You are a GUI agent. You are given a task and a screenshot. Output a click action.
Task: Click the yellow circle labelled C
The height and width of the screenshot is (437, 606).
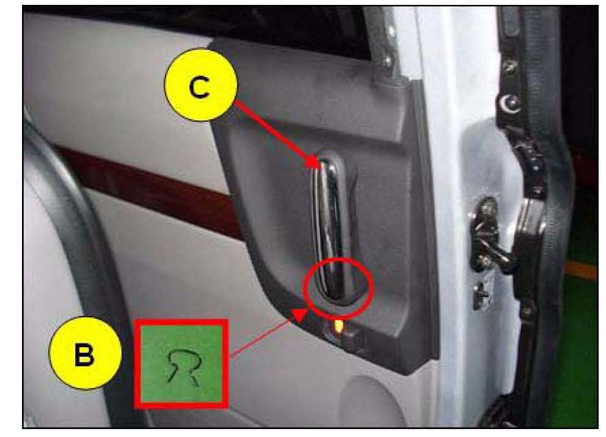point(201,84)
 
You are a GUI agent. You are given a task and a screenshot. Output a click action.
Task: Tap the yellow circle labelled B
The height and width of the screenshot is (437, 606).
point(85,353)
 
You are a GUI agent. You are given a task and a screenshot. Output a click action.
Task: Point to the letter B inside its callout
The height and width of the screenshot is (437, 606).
point(84,354)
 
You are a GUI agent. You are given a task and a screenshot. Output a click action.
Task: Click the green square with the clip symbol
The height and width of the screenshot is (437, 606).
point(181,363)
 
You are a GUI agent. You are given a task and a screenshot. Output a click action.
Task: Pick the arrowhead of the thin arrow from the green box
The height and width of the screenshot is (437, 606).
point(300,314)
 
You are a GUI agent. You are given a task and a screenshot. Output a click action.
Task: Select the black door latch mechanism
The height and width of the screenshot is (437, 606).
point(488,236)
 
